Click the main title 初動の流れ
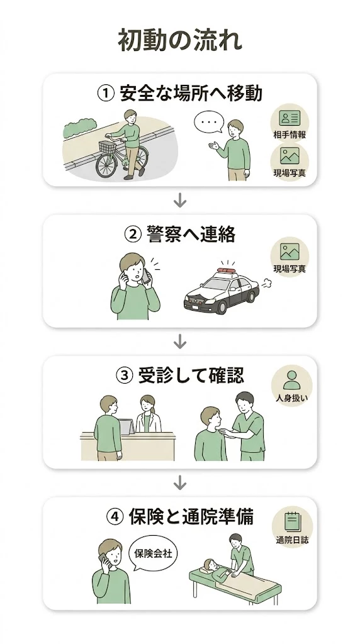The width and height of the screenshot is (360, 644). [x=180, y=41]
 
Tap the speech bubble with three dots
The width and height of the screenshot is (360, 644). [x=208, y=122]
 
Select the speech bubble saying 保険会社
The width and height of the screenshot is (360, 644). [x=154, y=554]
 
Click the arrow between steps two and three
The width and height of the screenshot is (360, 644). [x=180, y=341]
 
